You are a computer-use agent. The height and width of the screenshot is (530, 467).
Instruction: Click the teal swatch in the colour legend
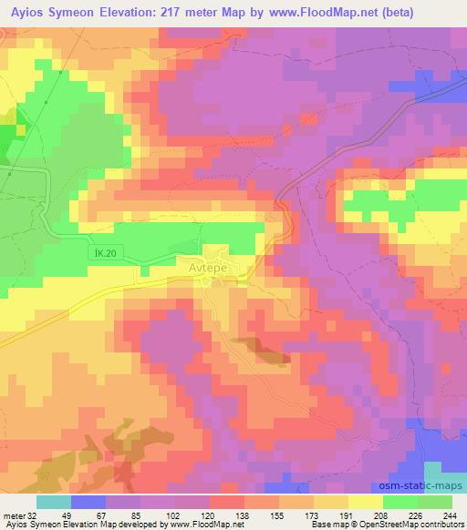tap(53, 502)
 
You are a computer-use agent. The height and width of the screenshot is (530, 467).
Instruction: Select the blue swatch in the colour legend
tap(88, 502)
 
